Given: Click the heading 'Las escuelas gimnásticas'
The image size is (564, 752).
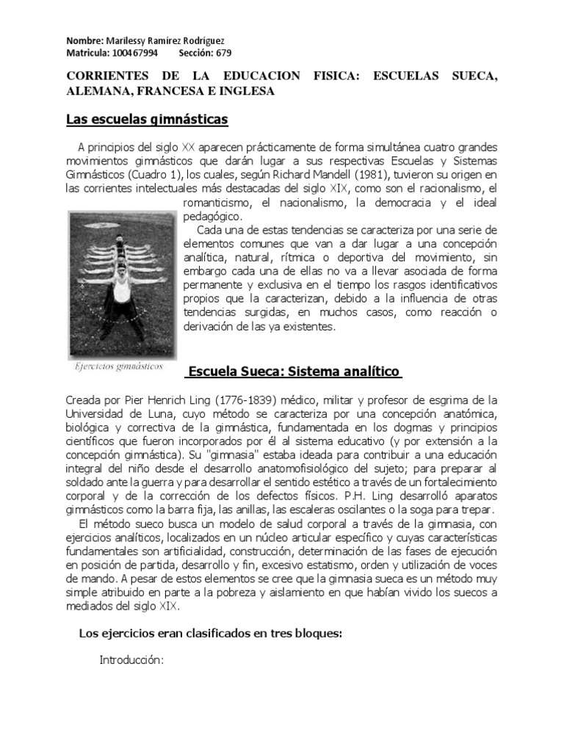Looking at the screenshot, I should pyautogui.click(x=147, y=118).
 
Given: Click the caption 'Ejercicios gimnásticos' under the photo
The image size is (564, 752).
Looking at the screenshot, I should pyautogui.click(x=118, y=366).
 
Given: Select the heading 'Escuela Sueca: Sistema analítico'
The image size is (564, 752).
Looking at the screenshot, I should pyautogui.click(x=292, y=372).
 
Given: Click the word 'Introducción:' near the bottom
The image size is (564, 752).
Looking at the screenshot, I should pyautogui.click(x=130, y=660).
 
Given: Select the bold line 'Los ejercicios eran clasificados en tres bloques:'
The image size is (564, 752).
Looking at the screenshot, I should pyautogui.click(x=210, y=634).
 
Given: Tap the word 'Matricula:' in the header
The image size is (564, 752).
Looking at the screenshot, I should pyautogui.click(x=88, y=53).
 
